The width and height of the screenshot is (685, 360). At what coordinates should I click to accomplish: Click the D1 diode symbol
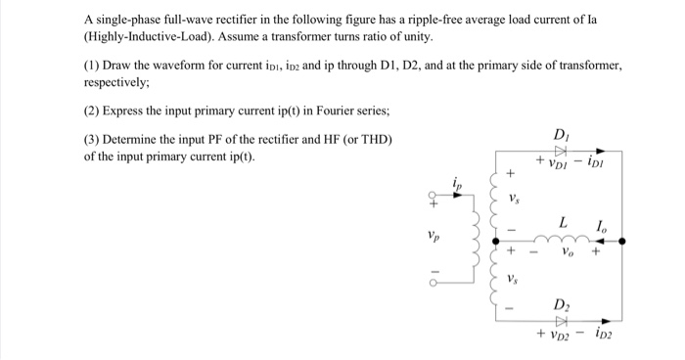tap(561, 151)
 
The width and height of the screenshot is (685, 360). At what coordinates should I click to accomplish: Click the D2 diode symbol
tap(561, 320)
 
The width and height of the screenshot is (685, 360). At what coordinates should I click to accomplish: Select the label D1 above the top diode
tap(560, 134)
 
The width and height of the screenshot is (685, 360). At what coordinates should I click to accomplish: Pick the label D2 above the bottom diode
tap(561, 303)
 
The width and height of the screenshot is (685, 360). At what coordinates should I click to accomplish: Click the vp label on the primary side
tap(434, 236)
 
